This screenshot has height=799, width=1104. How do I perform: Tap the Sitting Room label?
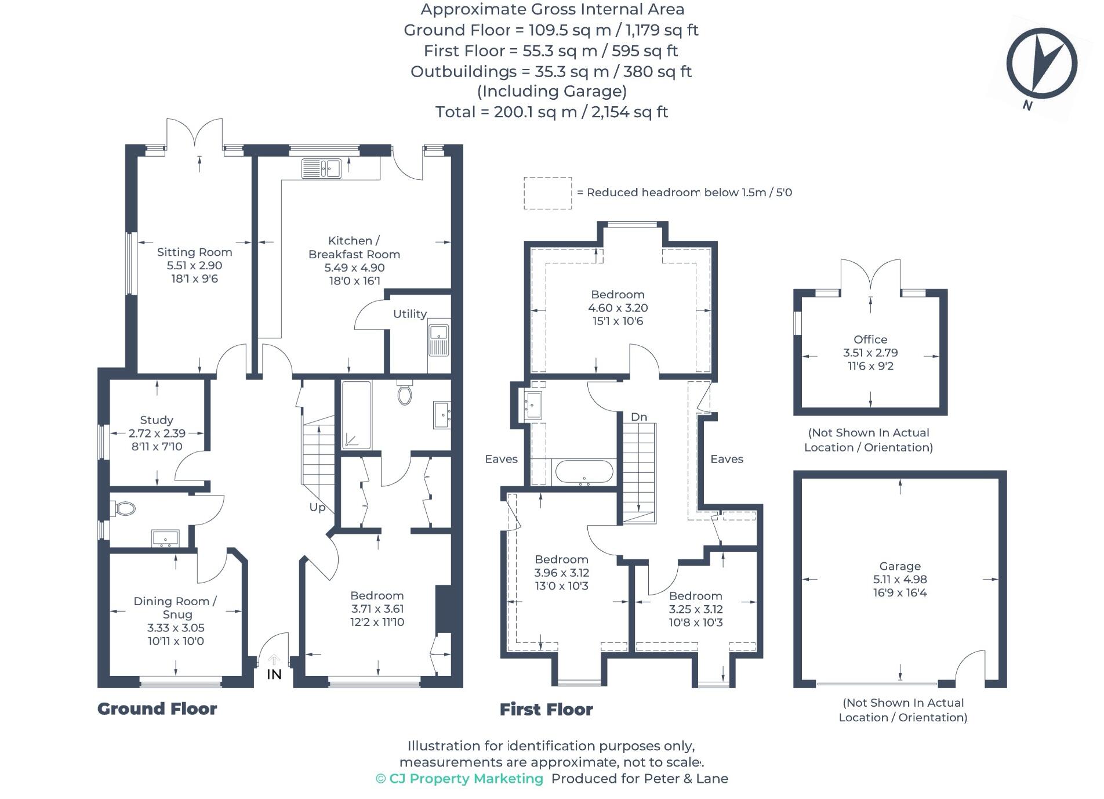pyautogui.click(x=194, y=252)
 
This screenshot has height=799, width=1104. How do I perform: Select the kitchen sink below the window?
pyautogui.click(x=321, y=169)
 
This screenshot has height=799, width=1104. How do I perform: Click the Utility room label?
pyautogui.click(x=409, y=314)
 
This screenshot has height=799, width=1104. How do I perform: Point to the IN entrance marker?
pyautogui.click(x=274, y=674)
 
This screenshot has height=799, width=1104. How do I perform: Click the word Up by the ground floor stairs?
pyautogui.click(x=317, y=507)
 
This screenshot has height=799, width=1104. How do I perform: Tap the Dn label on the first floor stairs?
pyautogui.click(x=638, y=417)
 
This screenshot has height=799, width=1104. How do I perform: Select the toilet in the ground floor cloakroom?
pyautogui.click(x=124, y=509)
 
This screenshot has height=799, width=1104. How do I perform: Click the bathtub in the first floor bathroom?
pyautogui.click(x=584, y=472)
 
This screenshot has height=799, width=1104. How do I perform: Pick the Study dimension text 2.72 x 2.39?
pyautogui.click(x=157, y=433)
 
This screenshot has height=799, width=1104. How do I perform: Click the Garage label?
pyautogui.click(x=899, y=566)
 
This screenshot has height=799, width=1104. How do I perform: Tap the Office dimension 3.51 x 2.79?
pyautogui.click(x=870, y=353)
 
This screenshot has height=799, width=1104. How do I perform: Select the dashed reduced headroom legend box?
pyautogui.click(x=547, y=193)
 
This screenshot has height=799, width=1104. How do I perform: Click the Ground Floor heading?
pyautogui.click(x=157, y=708)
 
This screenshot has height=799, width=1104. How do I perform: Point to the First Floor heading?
pyautogui.click(x=546, y=709)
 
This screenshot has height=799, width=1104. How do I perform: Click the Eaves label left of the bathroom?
pyautogui.click(x=501, y=459)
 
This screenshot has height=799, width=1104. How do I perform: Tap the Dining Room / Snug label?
pyautogui.click(x=175, y=608)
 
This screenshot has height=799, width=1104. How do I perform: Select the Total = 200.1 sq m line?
pyautogui.click(x=551, y=112)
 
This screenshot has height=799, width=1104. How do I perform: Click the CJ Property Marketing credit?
pyautogui.click(x=459, y=779)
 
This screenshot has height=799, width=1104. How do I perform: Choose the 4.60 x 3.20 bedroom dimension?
pyautogui.click(x=618, y=308)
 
